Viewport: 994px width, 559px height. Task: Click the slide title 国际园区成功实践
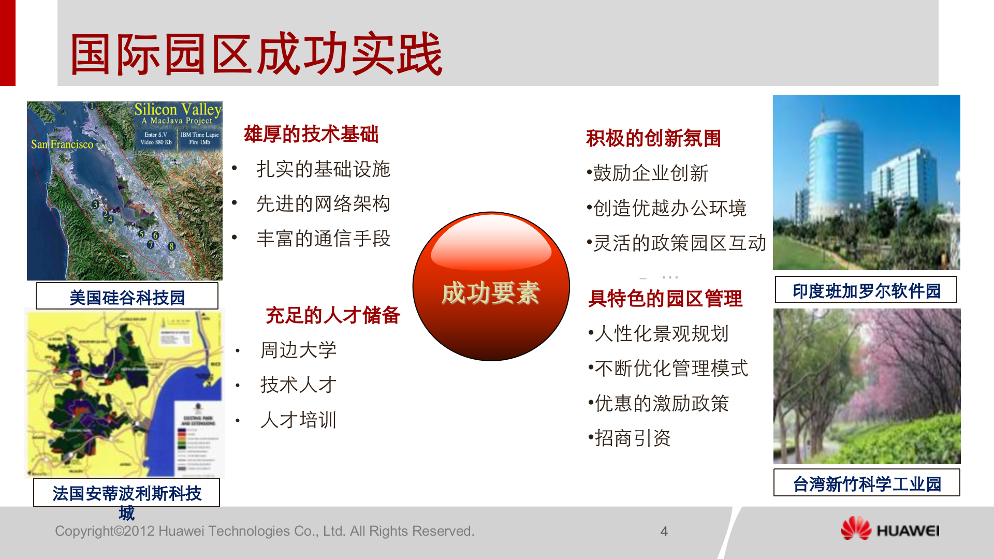[x=256, y=54]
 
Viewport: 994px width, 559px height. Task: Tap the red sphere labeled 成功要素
[x=491, y=286]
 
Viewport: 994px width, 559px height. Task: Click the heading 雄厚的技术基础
[x=311, y=134]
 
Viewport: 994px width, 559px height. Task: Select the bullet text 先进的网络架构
[x=323, y=204]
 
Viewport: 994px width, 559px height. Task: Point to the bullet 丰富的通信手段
[x=323, y=239]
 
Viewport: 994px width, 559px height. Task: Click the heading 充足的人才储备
[x=332, y=315]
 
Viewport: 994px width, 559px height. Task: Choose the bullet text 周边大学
[x=298, y=350]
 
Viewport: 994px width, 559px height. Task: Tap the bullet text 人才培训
[x=298, y=420]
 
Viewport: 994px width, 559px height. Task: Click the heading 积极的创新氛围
[x=653, y=138]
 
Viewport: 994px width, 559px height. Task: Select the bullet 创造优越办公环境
[x=669, y=208]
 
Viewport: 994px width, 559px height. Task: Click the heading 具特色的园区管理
[x=665, y=299]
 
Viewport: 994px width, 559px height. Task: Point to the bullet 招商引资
[x=632, y=438]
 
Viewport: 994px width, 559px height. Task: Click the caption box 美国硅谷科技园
[x=127, y=297]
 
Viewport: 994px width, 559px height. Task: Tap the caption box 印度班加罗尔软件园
[x=866, y=290]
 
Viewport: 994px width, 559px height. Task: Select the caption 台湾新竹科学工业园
[x=867, y=483]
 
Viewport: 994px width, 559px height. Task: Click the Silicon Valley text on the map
[x=178, y=110]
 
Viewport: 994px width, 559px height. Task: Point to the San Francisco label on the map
[x=62, y=144]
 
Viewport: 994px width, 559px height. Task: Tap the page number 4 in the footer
[x=664, y=532]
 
